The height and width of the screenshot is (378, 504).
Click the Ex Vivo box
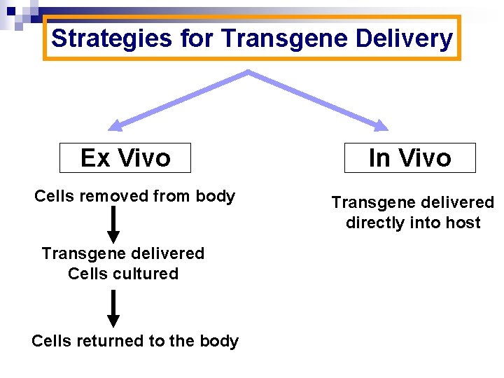point(125,157)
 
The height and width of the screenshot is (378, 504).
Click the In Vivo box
point(409,157)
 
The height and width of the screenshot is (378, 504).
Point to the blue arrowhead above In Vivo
point(380,126)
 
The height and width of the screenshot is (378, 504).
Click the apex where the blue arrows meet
point(248,72)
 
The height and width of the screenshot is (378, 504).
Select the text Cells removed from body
point(134,196)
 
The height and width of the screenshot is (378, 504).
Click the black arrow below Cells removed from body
point(112,225)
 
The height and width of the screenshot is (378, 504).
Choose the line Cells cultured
point(123,274)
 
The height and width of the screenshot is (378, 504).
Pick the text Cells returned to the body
point(135,341)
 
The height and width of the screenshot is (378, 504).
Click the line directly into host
point(413,223)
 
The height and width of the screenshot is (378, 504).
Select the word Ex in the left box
point(95,157)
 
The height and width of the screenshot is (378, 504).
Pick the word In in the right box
point(379,157)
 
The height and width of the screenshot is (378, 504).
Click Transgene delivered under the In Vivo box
point(412,202)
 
